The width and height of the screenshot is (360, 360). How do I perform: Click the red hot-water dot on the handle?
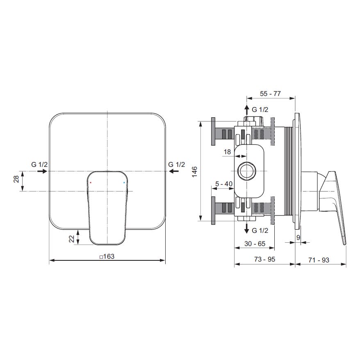click(x=91, y=183)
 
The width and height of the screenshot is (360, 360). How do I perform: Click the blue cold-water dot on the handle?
click(x=124, y=183)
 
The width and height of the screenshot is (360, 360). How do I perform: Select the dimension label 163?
click(x=107, y=256)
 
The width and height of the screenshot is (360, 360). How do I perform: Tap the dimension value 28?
click(x=16, y=179)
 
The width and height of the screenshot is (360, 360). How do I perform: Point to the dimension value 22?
click(x=72, y=239)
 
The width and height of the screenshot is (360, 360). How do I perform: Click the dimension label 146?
click(x=194, y=171)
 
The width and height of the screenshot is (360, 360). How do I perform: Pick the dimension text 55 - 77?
click(x=270, y=93)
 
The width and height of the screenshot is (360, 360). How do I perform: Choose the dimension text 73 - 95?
click(x=264, y=259)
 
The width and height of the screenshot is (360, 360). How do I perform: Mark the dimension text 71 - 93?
click(x=319, y=260)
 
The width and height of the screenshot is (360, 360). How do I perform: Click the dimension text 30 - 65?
click(x=255, y=244)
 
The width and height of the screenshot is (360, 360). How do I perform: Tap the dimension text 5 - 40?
click(x=224, y=184)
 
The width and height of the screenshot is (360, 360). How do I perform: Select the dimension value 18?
click(x=227, y=152)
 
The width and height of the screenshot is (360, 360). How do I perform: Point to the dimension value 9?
click(x=298, y=237)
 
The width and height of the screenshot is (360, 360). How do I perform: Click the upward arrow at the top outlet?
click(x=246, y=110)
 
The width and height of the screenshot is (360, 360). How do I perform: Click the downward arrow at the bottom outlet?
click(x=246, y=228)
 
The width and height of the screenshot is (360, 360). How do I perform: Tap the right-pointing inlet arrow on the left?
click(x=42, y=171)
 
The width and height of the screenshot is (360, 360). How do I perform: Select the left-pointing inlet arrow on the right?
click(x=174, y=171)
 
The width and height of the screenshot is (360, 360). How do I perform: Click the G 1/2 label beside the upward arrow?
click(x=260, y=110)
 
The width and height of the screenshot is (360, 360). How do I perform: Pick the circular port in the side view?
click(x=246, y=171)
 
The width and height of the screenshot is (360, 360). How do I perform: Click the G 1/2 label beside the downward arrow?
click(x=260, y=230)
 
